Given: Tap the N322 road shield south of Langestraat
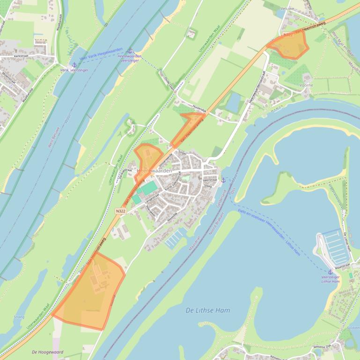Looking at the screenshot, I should (121, 211).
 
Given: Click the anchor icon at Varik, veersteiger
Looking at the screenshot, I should (73, 64).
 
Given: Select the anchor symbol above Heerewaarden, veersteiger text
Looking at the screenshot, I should (130, 51).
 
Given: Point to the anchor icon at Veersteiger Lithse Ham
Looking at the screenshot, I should (330, 272).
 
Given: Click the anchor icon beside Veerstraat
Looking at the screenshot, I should (223, 180).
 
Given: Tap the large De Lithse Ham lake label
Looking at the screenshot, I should (207, 310).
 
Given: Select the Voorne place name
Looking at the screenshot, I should (306, 86).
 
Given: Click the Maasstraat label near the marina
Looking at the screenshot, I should (343, 265).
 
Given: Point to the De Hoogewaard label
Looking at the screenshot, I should (48, 352).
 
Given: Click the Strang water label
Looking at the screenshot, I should (19, 317).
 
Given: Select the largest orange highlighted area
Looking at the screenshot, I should (91, 292).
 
